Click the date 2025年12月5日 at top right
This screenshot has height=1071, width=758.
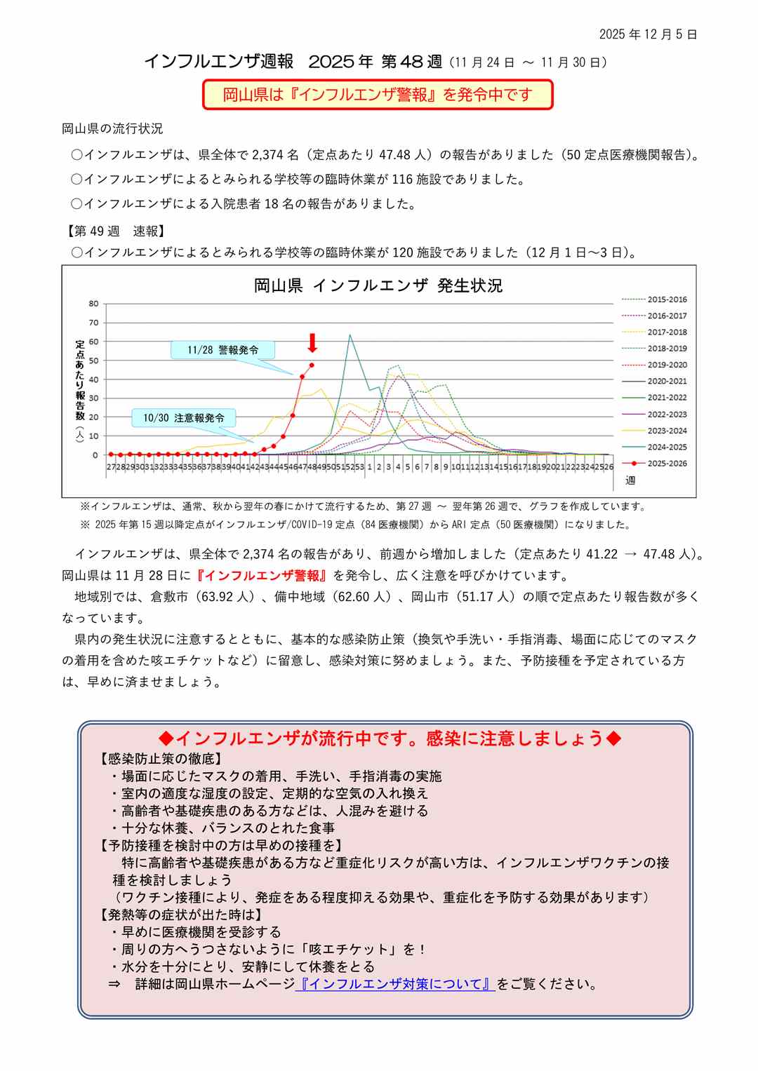point(648,34)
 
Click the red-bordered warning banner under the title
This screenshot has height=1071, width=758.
point(378,95)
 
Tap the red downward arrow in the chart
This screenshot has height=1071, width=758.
point(312,343)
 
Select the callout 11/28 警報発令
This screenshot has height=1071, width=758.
point(222,350)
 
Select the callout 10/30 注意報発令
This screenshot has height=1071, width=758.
point(184,418)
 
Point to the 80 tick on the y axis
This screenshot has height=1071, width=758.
point(93,304)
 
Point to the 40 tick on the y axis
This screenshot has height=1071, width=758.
point(93,379)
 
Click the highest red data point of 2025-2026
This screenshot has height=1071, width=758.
point(312,365)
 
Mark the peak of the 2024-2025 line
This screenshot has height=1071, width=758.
point(350,335)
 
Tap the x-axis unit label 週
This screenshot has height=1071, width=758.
point(630,480)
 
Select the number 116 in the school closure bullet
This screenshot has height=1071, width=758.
point(402,180)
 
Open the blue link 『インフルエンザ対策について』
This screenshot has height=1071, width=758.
point(395,984)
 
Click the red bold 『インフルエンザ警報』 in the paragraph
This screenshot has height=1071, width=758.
point(261,576)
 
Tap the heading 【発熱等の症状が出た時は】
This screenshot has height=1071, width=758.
point(182,915)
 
